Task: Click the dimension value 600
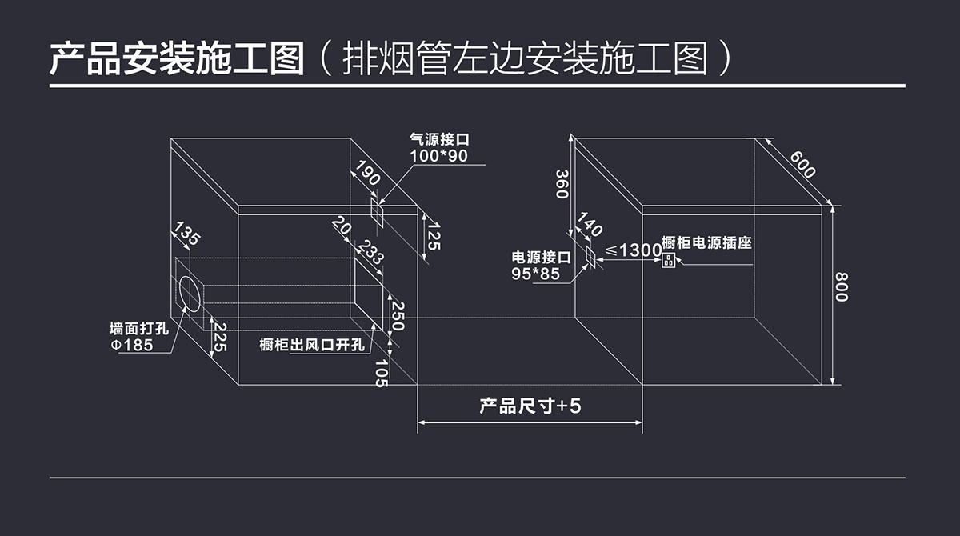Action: point(802,163)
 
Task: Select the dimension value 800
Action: point(841,287)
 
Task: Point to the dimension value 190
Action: point(368,174)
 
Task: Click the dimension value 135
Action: point(186,235)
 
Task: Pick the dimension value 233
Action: point(369,254)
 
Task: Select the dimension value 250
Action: point(398,318)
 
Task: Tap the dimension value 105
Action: point(381,373)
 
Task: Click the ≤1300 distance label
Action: point(632,250)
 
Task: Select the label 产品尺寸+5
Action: point(530,406)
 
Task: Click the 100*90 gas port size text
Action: point(438,156)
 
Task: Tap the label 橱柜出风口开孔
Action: point(312,345)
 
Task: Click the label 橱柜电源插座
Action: point(706,242)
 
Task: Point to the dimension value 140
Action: point(589,226)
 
